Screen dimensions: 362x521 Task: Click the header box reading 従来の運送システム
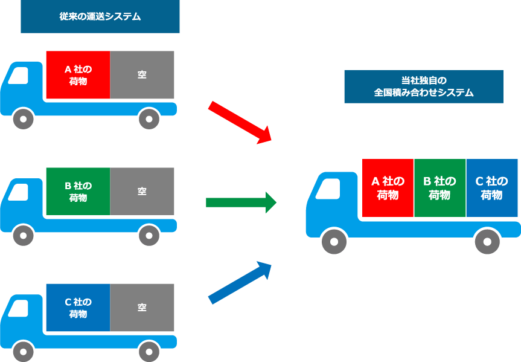(x=100, y=16)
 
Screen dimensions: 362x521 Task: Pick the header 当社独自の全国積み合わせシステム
(x=423, y=86)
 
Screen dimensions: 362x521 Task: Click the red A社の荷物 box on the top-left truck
(x=78, y=75)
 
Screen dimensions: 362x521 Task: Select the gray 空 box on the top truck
(x=142, y=75)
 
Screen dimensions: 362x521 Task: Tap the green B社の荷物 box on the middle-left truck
(x=78, y=192)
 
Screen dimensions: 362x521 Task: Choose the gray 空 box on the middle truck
(x=142, y=192)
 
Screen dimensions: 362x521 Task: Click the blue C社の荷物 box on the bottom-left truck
(x=78, y=308)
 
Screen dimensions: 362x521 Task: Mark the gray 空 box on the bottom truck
(x=142, y=308)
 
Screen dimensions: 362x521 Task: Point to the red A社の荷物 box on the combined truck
(x=388, y=188)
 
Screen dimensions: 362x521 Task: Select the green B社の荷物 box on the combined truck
(x=439, y=188)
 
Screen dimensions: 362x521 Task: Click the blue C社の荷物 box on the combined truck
(x=491, y=188)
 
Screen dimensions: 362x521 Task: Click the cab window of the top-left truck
(x=19, y=76)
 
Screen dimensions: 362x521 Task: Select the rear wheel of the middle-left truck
(x=149, y=235)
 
